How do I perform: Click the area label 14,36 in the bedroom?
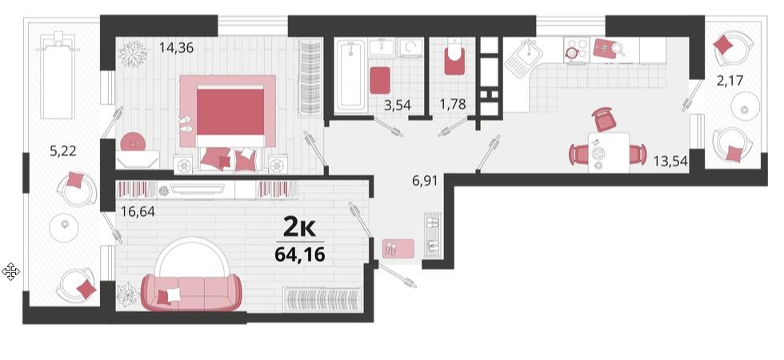click(x=176, y=49)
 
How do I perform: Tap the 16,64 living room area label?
click(x=138, y=211)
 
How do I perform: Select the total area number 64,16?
click(x=300, y=254)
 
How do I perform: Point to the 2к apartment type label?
click(x=299, y=228)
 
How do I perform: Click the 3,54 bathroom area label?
click(x=401, y=105)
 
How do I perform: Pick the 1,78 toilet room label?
click(x=453, y=105)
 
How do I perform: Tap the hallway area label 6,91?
click(x=425, y=180)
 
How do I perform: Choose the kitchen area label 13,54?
click(x=670, y=161)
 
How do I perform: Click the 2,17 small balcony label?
click(x=730, y=80)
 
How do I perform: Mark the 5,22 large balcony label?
click(x=63, y=150)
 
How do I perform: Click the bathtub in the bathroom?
click(x=350, y=75)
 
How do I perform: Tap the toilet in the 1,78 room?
click(x=454, y=58)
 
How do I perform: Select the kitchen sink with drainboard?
click(x=522, y=58)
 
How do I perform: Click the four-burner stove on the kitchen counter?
click(x=577, y=50)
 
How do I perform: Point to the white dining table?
click(x=608, y=153)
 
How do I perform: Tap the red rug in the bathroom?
click(x=380, y=80)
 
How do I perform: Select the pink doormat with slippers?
click(x=398, y=249)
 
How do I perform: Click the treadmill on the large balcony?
click(x=58, y=75)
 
